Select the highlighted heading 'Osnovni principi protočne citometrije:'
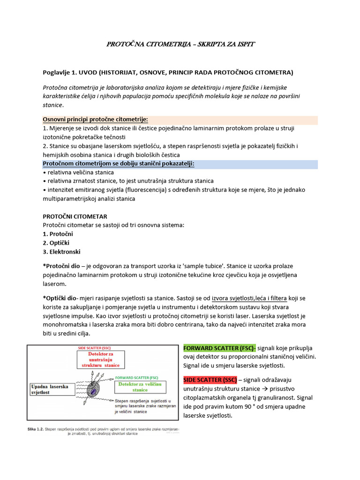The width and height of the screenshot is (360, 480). click(98, 120)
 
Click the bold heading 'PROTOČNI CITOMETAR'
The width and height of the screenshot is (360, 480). click(75, 216)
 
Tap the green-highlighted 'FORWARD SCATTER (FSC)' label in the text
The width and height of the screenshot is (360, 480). click(219, 348)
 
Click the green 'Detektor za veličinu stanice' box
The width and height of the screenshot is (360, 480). click(140, 386)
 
